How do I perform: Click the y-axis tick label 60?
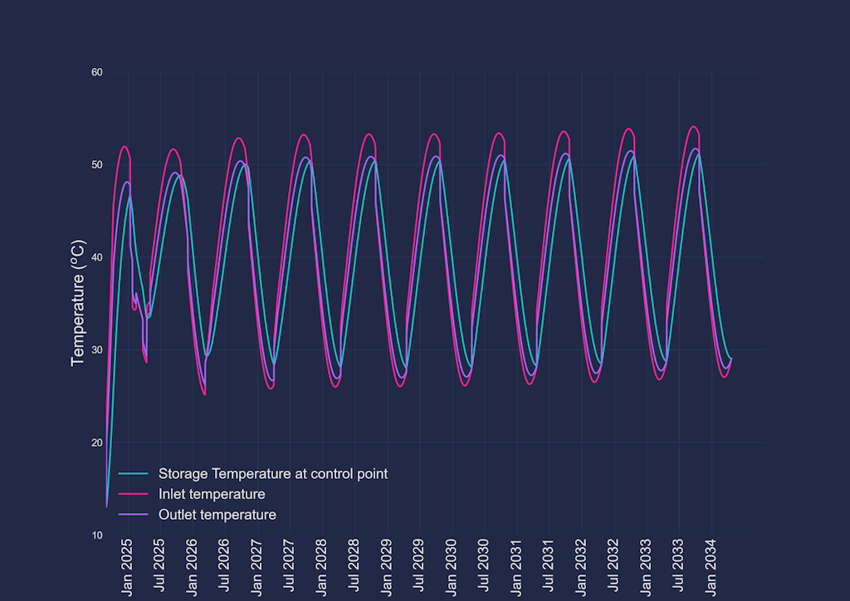pyautogui.click(x=96, y=72)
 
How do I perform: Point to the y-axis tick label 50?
pyautogui.click(x=96, y=164)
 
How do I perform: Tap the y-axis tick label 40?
pyautogui.click(x=96, y=257)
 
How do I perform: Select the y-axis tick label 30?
pyautogui.click(x=96, y=349)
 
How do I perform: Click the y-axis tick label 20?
pyautogui.click(x=96, y=442)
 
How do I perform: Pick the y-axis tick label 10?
pyautogui.click(x=96, y=535)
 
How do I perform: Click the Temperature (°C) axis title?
pyautogui.click(x=78, y=304)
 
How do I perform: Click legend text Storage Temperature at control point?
pyautogui.click(x=273, y=474)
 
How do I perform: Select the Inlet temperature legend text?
pyautogui.click(x=212, y=495)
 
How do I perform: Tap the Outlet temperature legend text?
pyautogui.click(x=217, y=515)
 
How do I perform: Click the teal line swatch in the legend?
pyautogui.click(x=134, y=474)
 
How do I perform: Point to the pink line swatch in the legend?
pyautogui.click(x=134, y=495)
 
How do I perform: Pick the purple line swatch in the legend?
pyautogui.click(x=134, y=515)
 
